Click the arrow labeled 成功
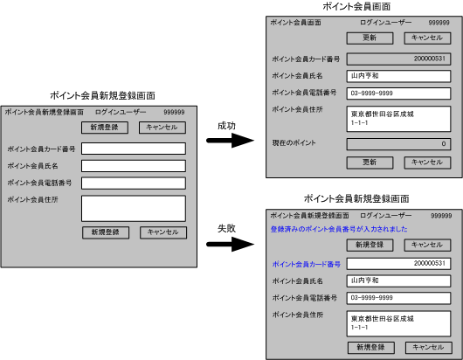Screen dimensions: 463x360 click(230, 141)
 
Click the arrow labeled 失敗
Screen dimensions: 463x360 click(230, 245)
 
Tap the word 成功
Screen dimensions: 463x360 click(226, 126)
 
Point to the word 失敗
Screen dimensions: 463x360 click(226, 228)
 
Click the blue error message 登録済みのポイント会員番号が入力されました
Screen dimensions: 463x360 click(339, 229)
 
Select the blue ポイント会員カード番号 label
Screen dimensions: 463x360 click(307, 264)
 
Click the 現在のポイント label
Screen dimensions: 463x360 click(294, 143)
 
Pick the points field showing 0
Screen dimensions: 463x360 click(398, 144)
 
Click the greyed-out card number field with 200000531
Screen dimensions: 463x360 click(398, 59)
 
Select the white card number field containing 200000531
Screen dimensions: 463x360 click(398, 264)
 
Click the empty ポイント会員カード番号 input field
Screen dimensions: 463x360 click(134, 149)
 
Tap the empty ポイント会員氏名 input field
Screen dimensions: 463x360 click(134, 166)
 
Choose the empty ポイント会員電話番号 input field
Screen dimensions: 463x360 click(134, 183)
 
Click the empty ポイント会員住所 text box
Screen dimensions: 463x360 click(134, 209)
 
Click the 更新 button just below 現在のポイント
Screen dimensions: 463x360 click(370, 163)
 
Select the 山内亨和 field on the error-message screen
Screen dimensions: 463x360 click(398, 280)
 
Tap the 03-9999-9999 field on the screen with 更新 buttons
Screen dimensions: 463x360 click(398, 93)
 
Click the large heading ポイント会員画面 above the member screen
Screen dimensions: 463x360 click(356, 6)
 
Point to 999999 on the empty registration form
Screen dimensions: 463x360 click(174, 112)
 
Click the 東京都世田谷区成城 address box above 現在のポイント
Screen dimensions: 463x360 click(398, 119)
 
